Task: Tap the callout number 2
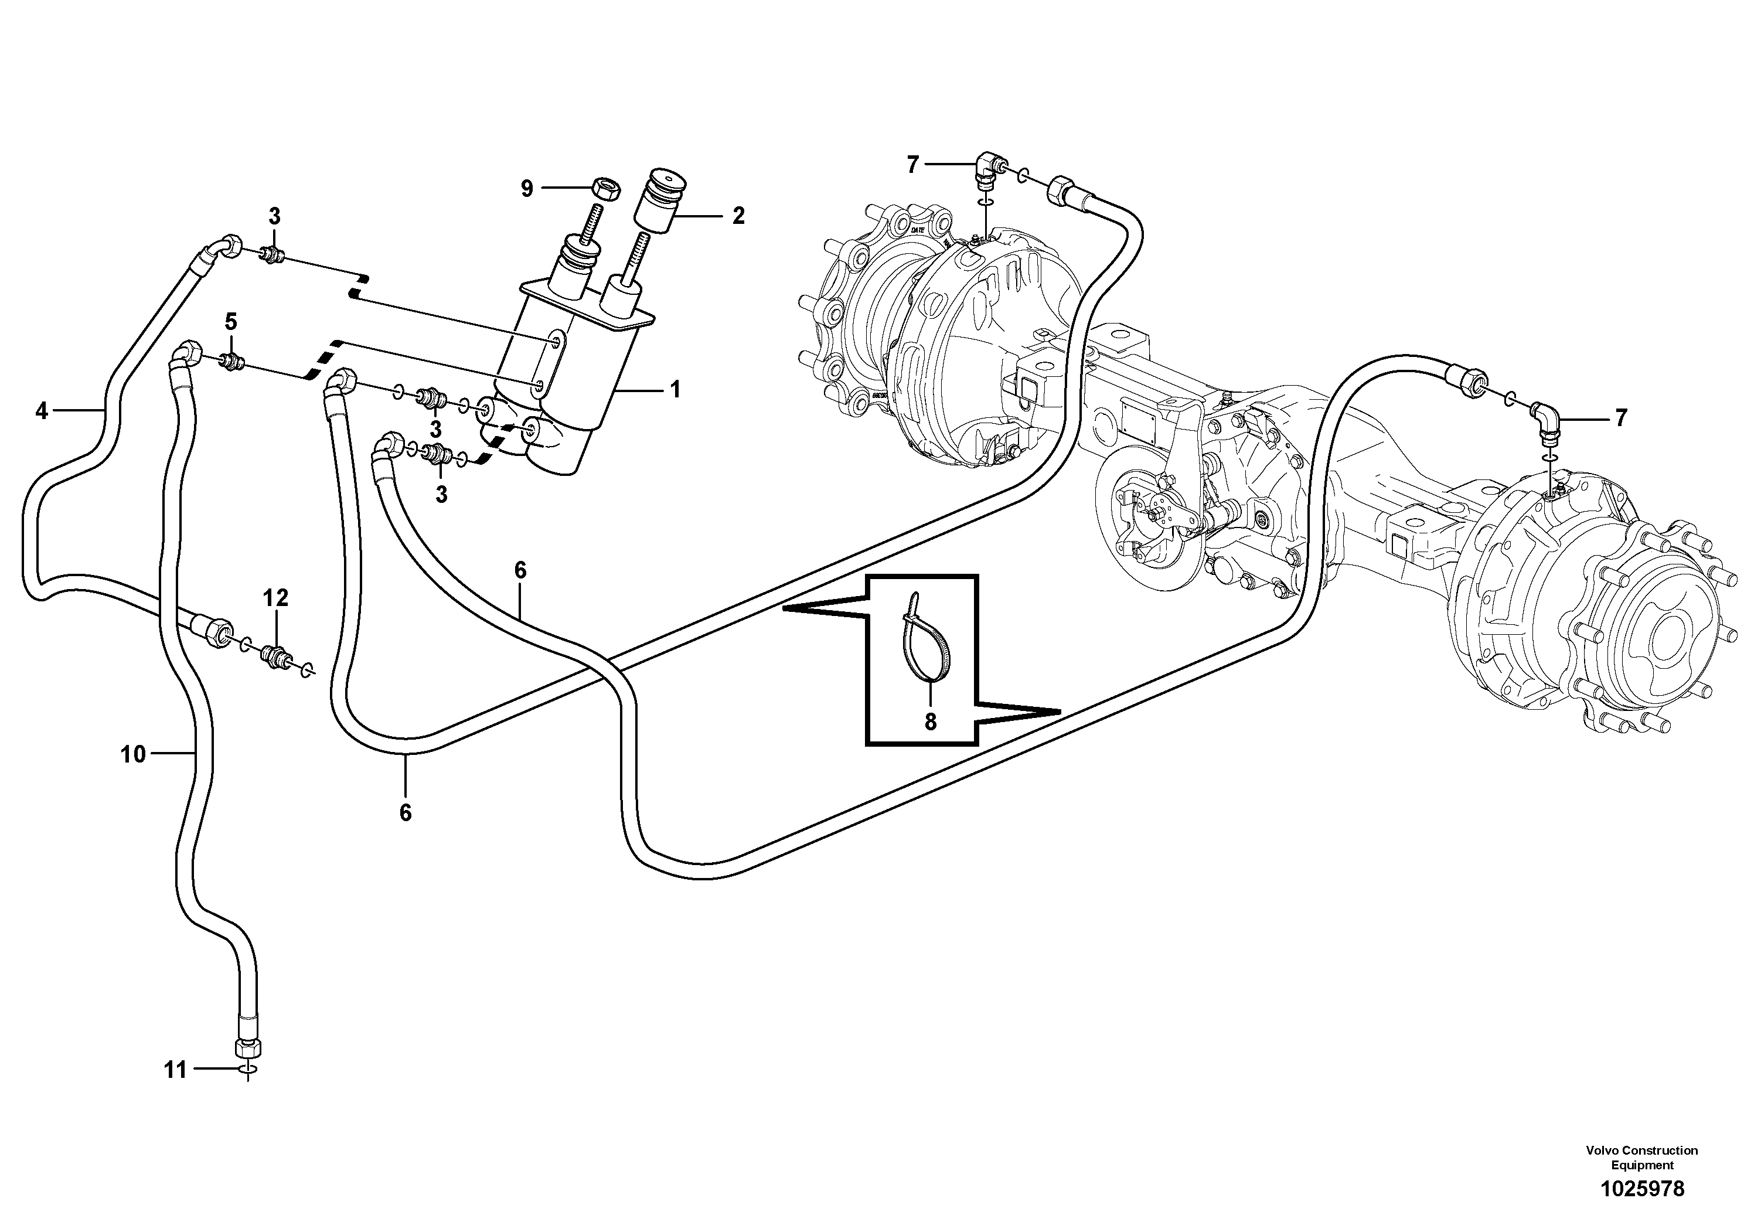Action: (x=738, y=216)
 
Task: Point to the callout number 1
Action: (x=674, y=390)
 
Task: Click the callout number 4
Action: (x=41, y=411)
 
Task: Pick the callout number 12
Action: (x=276, y=598)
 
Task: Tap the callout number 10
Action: (x=133, y=754)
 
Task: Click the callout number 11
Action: (x=175, y=1070)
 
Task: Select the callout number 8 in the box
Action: (x=931, y=721)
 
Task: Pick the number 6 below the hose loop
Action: (x=406, y=813)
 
